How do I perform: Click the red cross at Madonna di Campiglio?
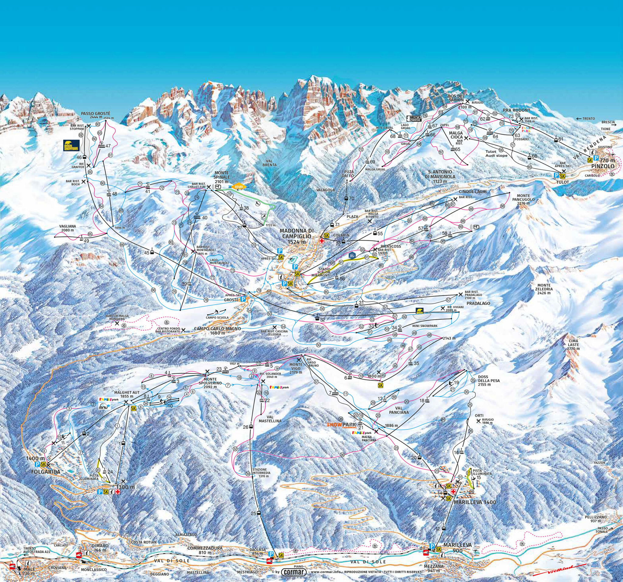[321, 241]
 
